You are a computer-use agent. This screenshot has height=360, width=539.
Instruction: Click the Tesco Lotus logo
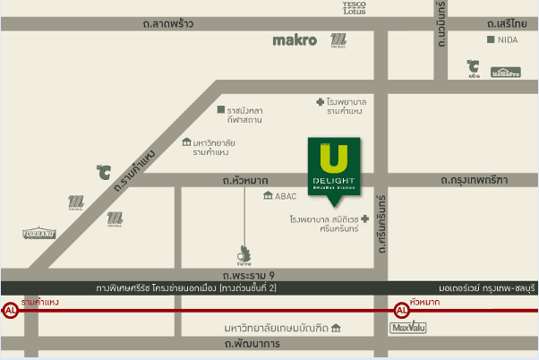coord(355,8)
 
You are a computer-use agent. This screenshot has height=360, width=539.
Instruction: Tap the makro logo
coord(295,40)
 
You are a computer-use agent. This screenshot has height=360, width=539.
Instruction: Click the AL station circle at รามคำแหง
coord(11,312)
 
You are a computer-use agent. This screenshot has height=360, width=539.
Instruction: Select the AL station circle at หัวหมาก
coord(401,312)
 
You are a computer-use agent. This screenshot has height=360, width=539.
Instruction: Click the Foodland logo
coord(38,234)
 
